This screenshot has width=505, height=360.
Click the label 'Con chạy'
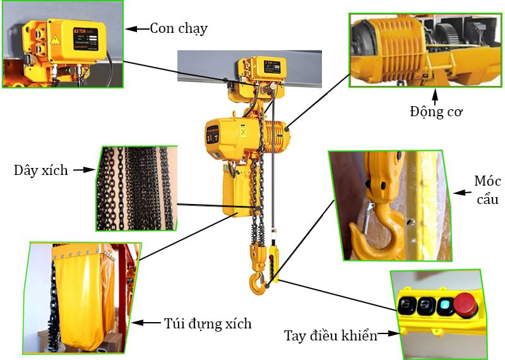pos(179,28)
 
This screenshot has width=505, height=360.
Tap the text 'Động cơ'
pos(436,112)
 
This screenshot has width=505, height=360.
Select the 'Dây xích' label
pos(40,171)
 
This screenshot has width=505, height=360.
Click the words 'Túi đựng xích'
pos(208,324)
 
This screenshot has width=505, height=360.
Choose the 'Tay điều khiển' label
pos(330,335)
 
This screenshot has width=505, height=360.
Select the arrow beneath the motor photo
pos(436,96)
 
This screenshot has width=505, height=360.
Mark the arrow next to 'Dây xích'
pos(83,170)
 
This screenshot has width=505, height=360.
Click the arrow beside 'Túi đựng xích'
pos(147,323)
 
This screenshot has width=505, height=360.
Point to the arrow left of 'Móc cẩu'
pos(463,191)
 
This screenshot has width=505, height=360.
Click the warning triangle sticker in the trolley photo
pos(55,40)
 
